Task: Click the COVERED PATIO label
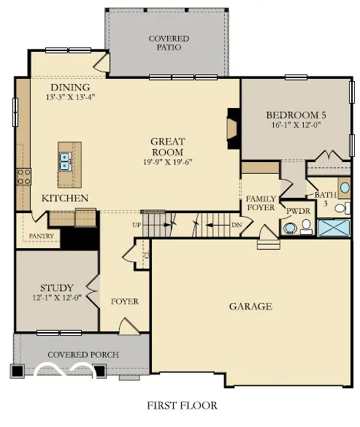[169, 42]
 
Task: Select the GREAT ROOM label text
[167, 147]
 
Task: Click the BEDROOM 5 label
[295, 115]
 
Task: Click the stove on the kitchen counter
[23, 176]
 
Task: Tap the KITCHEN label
[65, 198]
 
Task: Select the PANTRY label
[42, 236]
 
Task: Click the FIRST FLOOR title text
[180, 405]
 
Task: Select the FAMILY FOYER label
[260, 203]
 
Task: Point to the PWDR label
[298, 211]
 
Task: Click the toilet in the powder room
[291, 228]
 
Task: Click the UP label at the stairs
[137, 225]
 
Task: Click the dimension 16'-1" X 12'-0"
[295, 125]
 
